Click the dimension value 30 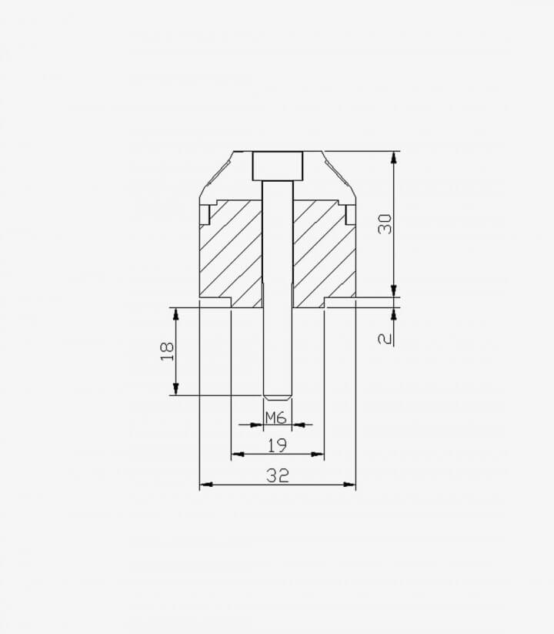point(385,224)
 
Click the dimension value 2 point(385,338)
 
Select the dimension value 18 point(167,351)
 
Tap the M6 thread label point(276,418)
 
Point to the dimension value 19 point(278,445)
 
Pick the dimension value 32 point(278,475)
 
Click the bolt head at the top point(278,166)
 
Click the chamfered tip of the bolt point(278,398)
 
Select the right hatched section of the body point(324,253)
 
